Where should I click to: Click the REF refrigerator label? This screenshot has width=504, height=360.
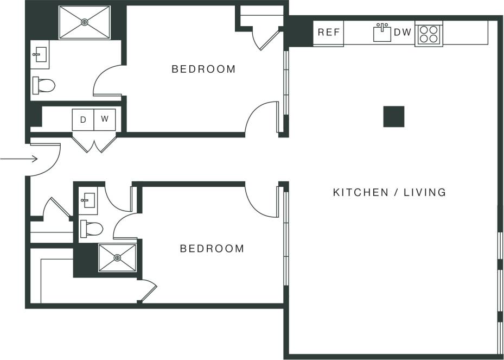329,33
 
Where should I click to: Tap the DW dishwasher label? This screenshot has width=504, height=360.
403,33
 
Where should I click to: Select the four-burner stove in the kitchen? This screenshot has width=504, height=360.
429,34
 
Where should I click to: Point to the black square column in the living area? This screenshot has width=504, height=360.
394,117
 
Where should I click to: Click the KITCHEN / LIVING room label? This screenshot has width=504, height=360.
390,192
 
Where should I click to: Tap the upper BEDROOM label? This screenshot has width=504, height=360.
203,69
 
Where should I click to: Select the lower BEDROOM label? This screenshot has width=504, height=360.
212,249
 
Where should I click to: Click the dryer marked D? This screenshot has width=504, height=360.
83,119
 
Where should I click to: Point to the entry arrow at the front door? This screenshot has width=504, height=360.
19,159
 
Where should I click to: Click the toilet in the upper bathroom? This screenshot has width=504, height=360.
44,85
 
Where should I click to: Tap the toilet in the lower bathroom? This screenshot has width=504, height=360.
91,229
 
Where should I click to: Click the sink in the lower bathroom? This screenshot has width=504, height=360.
88,200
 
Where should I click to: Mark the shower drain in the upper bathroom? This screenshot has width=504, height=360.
85,22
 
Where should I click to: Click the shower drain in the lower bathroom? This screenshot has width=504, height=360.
117,258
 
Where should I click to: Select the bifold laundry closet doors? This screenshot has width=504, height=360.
94,142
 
